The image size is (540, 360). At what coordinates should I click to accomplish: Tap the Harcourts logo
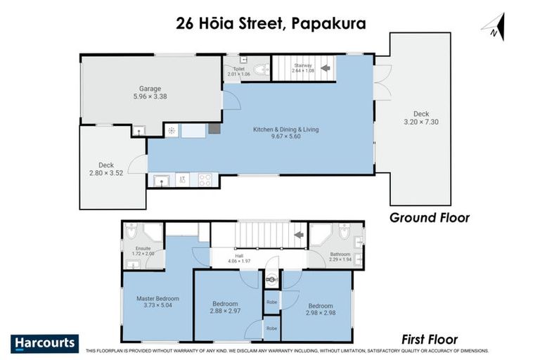[x=46, y=344]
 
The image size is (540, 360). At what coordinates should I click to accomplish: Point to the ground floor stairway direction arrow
[x=325, y=69]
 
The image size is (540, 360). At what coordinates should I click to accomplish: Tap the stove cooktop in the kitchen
[x=205, y=179]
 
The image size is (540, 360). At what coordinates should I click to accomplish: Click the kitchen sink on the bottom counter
[x=162, y=181]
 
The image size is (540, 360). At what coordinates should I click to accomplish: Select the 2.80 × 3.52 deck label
[x=106, y=169]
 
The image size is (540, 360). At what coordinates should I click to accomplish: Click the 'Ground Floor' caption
[x=430, y=217]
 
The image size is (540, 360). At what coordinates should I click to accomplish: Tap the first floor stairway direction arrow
[x=297, y=234]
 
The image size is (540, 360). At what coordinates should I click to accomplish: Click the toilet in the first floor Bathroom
[x=344, y=233]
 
